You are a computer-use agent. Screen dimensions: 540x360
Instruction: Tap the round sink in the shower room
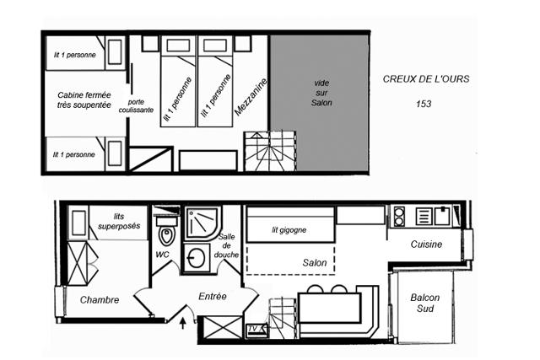tap(196, 257)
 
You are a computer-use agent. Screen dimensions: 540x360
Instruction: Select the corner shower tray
tap(202, 223)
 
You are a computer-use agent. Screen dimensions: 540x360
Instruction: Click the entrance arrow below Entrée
tap(183, 324)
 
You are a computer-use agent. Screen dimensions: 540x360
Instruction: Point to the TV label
tap(253, 330)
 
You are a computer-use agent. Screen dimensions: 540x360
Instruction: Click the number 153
tap(424, 104)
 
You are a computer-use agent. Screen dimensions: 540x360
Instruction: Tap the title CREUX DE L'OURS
tap(426, 78)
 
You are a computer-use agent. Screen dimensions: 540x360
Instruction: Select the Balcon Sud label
tap(425, 303)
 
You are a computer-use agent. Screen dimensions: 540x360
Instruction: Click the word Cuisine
tap(426, 244)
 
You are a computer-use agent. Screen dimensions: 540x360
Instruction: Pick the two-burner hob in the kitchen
tap(399, 216)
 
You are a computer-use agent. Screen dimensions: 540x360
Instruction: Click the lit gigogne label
tap(289, 230)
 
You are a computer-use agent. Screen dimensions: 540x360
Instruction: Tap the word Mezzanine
tap(251, 97)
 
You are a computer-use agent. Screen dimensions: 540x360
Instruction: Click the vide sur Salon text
tap(321, 93)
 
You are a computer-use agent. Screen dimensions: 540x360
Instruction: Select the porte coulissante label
tap(136, 106)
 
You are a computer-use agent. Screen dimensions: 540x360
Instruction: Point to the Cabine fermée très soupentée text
tap(84, 99)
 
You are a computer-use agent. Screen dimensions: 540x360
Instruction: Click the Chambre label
tap(100, 300)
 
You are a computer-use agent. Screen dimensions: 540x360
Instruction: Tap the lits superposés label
tap(119, 221)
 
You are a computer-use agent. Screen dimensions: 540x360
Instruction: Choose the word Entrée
tap(213, 296)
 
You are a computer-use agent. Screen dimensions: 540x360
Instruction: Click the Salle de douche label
tap(227, 245)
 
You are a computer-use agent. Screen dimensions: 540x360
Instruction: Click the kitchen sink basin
tap(442, 216)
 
